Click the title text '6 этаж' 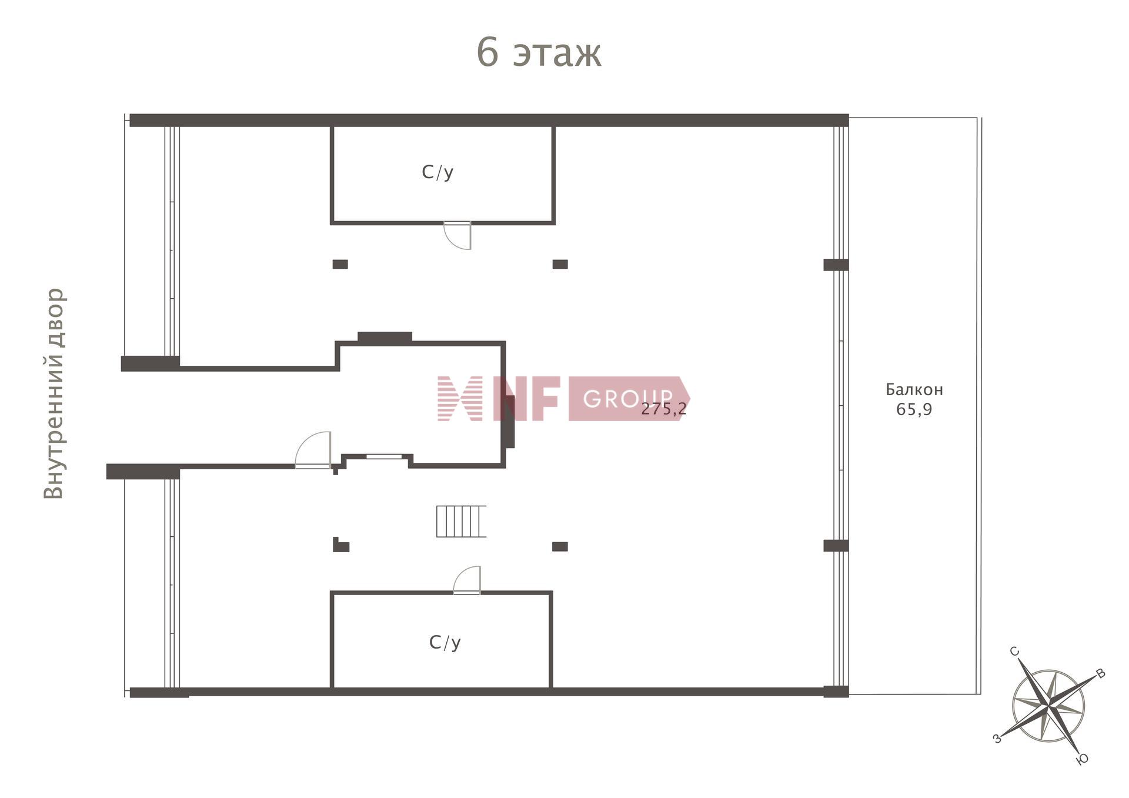coord(539,52)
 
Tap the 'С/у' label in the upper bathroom coord(437,172)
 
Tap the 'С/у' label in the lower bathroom coord(445,642)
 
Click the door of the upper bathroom coord(457,235)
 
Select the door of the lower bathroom coord(467,580)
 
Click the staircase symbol coord(461,521)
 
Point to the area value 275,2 coord(664,409)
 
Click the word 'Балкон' coord(914,389)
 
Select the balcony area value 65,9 coord(914,409)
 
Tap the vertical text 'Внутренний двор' coord(54,393)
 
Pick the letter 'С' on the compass coord(1014,651)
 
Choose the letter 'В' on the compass coord(1101,674)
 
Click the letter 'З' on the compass coord(997,738)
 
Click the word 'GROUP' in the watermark coord(627,399)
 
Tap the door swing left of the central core coord(313,450)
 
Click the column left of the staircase coord(341,545)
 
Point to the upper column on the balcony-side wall coord(836,265)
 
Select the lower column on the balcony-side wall coord(836,546)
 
